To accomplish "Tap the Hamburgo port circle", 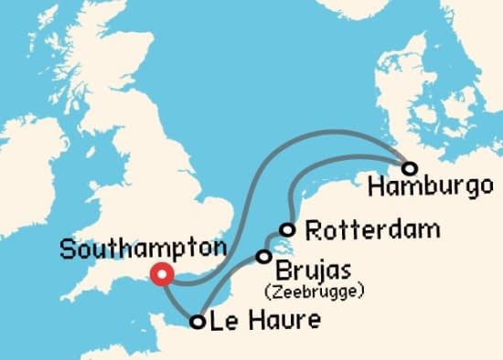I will [x=410, y=168].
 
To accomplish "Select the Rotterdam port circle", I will [x=288, y=229].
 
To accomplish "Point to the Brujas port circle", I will [x=264, y=257].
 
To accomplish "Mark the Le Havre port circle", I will [x=197, y=321].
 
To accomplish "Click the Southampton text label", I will [x=143, y=249].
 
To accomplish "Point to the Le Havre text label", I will [x=265, y=321].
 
